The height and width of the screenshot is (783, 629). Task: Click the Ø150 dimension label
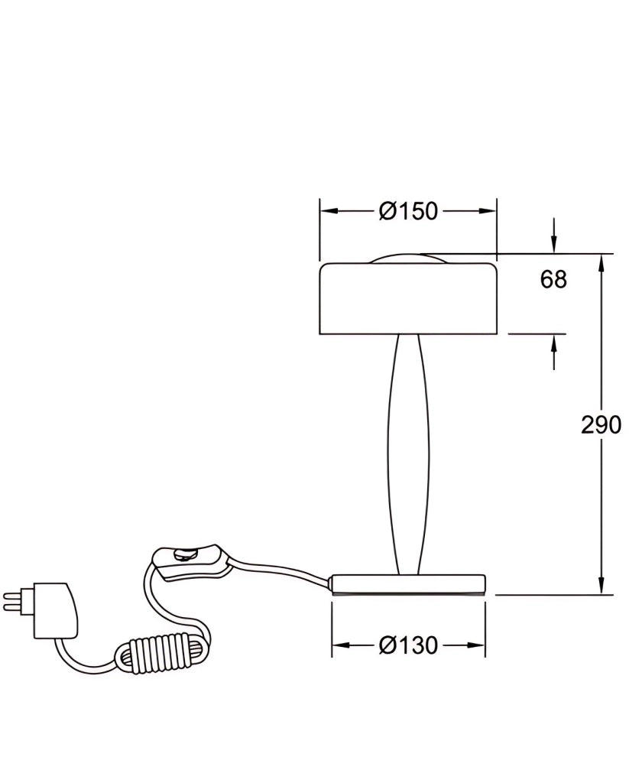point(408,211)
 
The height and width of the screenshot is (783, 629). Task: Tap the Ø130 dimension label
point(408,645)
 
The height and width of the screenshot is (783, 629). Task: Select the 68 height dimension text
point(553,279)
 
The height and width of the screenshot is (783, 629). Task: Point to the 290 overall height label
point(601,425)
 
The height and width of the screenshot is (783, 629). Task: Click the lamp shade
point(408,298)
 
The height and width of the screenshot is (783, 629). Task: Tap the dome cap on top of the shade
point(408,258)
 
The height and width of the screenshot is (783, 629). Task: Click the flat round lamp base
point(408,585)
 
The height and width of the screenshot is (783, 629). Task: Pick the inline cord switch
point(192,564)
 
